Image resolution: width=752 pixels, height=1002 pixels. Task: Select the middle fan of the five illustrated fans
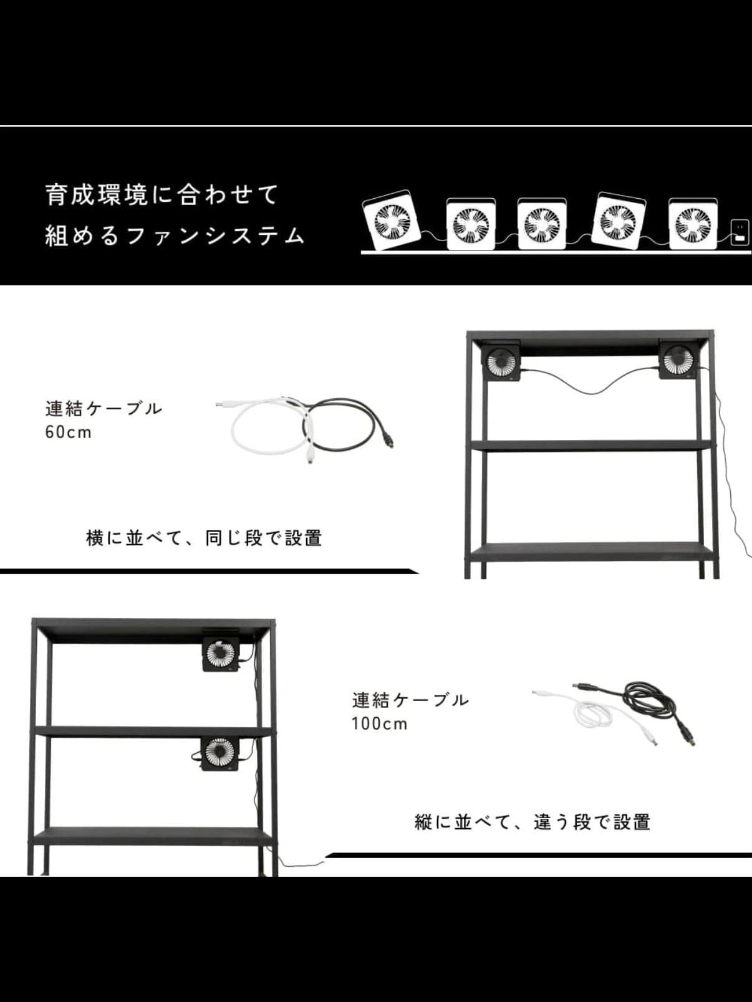coord(542,224)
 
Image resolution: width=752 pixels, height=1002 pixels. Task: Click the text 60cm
coord(69,432)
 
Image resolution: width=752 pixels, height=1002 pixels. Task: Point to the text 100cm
coord(379,723)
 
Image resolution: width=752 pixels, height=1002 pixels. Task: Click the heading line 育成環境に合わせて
coord(162,195)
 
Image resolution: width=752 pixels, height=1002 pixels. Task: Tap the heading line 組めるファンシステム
coord(175,236)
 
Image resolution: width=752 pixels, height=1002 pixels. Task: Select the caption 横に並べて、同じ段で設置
coord(204,538)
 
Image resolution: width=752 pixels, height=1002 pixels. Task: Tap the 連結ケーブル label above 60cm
coord(104,408)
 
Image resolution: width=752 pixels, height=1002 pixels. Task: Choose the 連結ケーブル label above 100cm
coord(410,699)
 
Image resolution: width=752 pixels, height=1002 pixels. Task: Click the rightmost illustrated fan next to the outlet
coord(693,224)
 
